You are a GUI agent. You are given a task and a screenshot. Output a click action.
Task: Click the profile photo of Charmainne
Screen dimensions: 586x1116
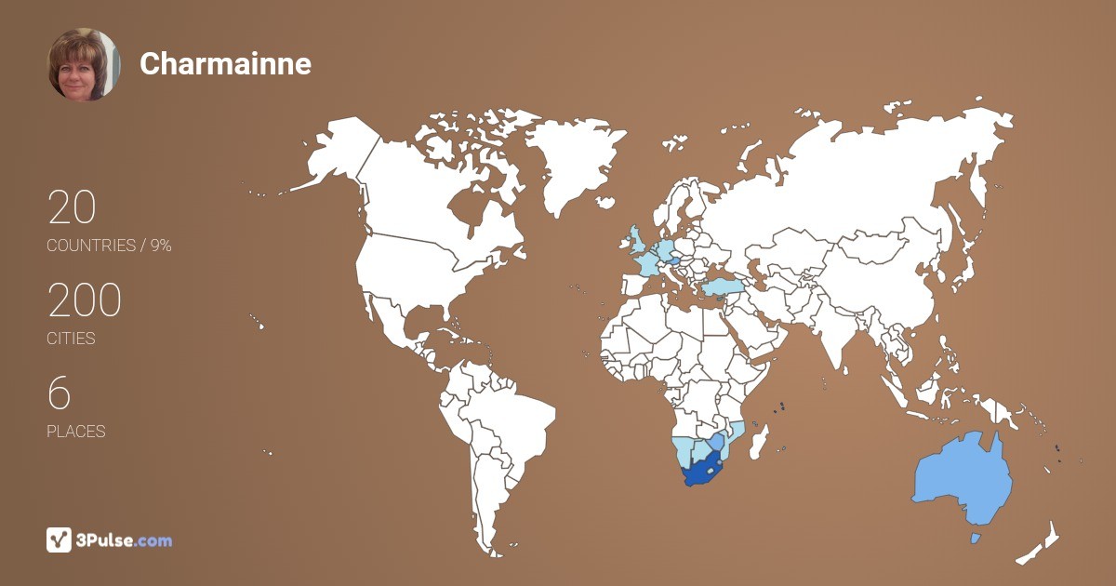point(84,64)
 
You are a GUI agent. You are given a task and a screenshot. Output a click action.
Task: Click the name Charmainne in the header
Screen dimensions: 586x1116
point(225,64)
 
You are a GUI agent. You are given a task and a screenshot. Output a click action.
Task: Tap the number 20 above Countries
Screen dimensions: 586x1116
point(72,207)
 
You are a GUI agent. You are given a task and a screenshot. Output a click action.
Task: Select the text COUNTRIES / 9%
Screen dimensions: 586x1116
point(109,246)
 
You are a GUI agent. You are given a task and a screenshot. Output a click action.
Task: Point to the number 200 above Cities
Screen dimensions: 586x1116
point(85,300)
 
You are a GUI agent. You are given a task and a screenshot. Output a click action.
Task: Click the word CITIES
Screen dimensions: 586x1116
point(72,339)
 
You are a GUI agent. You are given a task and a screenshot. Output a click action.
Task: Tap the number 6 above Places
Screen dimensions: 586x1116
point(59,393)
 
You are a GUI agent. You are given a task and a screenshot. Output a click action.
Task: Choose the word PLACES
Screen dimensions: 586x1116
point(76,432)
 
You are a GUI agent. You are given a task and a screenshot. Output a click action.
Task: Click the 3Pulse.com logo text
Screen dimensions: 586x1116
point(125,540)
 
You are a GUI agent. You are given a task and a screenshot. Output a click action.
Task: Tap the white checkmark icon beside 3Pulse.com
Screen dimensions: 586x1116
point(59,540)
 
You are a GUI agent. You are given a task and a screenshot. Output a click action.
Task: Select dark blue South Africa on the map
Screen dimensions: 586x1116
point(702,471)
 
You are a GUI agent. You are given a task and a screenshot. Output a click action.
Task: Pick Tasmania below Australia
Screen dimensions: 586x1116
point(975,539)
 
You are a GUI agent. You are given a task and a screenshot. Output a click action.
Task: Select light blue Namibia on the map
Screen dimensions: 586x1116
point(683,452)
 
